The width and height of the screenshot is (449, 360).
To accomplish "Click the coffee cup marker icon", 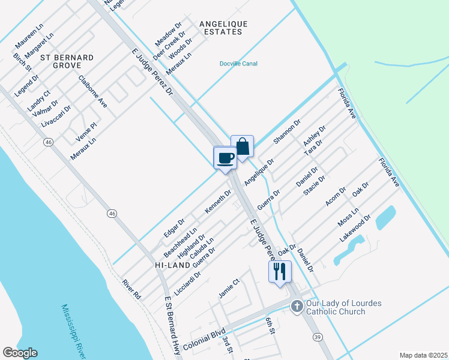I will pyautogui.click(x=226, y=158).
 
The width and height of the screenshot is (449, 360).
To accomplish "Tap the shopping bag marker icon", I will pyautogui.click(x=242, y=147).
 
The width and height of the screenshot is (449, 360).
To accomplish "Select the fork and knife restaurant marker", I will pyautogui.click(x=280, y=272).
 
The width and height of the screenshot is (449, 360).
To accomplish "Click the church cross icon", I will pyautogui.click(x=297, y=307).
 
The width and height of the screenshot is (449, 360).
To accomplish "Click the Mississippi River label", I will pyautogui.click(x=74, y=330).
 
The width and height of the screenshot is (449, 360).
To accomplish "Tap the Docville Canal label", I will pyautogui.click(x=238, y=64).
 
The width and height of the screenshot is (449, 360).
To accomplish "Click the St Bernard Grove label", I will pyautogui.click(x=67, y=61).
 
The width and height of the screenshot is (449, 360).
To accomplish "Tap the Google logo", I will pyautogui.click(x=20, y=353).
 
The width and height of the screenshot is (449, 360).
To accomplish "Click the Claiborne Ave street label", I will pyautogui.click(x=92, y=92).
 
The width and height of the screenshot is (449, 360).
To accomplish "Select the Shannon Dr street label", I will pyautogui.click(x=287, y=131).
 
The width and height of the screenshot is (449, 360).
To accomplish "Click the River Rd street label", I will pyautogui.click(x=131, y=289).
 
